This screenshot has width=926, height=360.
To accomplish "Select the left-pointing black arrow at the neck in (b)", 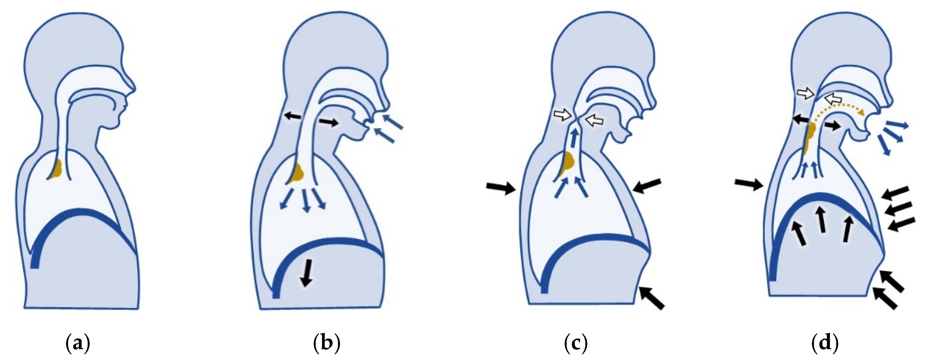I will coord(292,116).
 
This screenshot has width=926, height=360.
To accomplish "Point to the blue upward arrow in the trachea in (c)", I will coord(575,138).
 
